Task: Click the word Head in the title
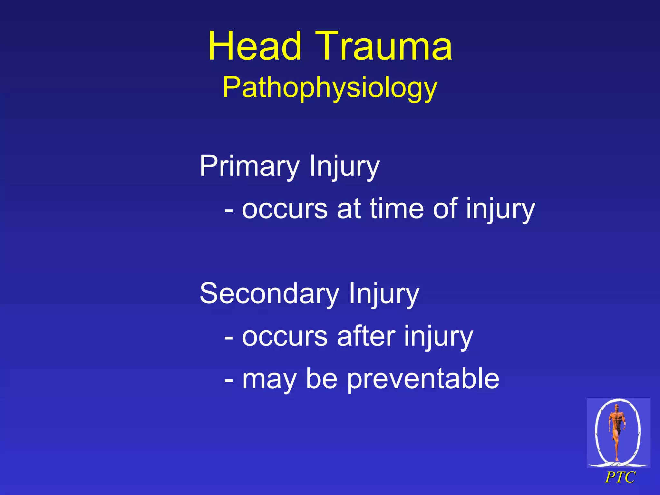point(255,46)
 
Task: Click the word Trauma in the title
point(383,46)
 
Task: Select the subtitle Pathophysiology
point(330,88)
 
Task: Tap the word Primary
point(249,166)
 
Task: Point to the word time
point(396,209)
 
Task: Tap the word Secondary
point(269,293)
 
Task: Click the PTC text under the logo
point(620,477)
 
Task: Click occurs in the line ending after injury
point(285,337)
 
